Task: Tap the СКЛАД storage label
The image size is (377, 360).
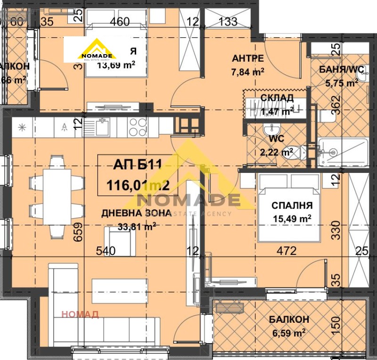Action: coord(277,98)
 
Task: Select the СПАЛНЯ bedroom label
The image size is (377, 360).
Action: coord(292,205)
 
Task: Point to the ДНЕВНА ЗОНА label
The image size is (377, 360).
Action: coord(137,213)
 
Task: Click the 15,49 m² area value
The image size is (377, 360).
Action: coord(292,219)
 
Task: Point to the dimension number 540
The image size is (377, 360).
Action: coord(106,251)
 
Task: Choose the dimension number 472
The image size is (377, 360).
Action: coord(287,251)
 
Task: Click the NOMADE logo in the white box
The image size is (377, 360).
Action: coord(96,50)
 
